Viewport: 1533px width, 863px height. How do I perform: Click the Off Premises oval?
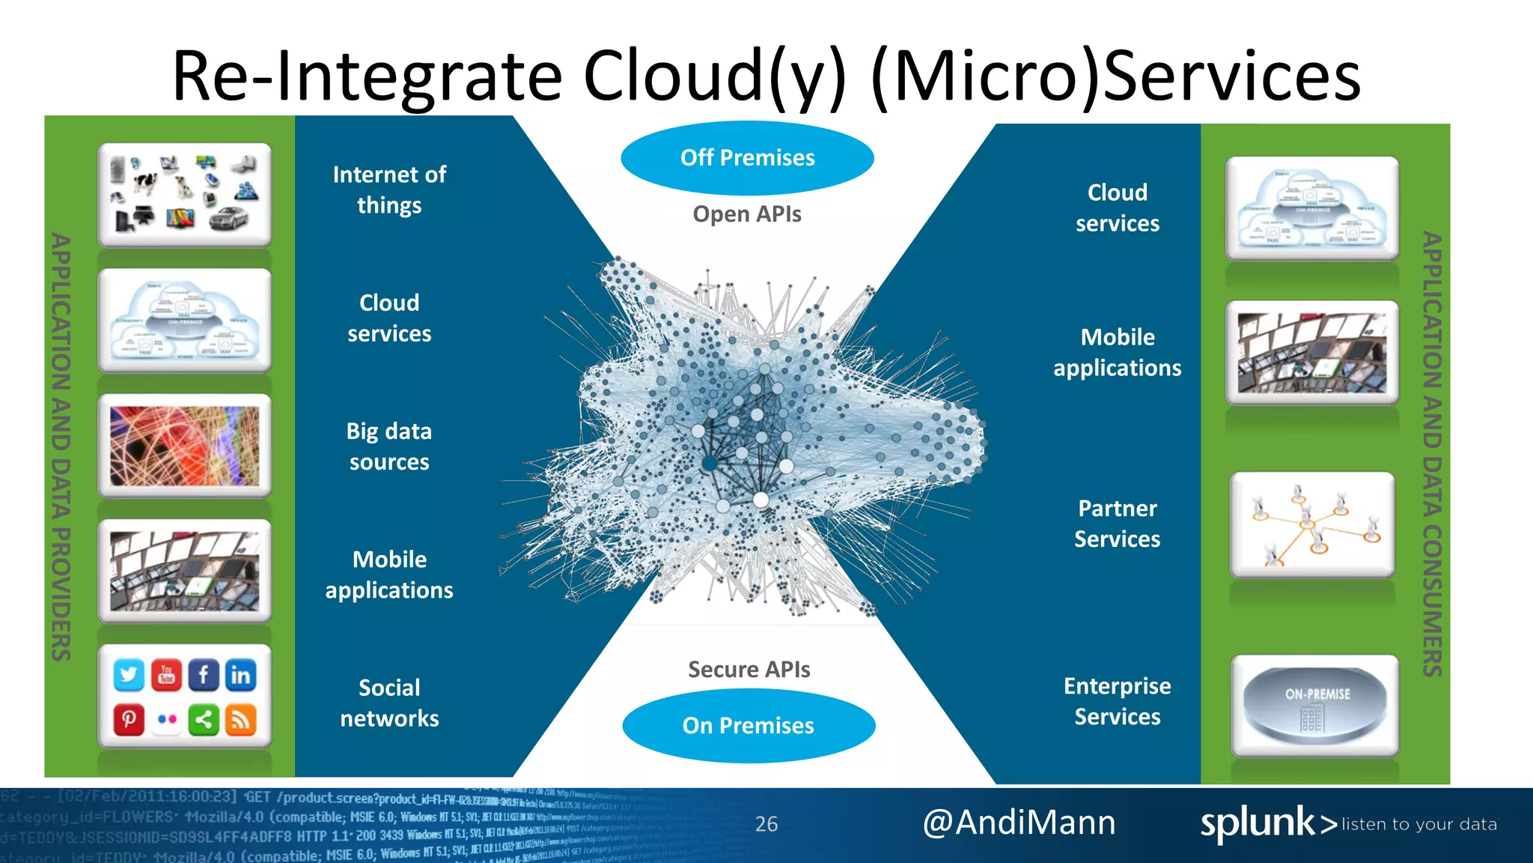747,157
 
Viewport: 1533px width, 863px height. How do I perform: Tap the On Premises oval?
748,725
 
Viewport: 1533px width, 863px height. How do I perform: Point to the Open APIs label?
746,214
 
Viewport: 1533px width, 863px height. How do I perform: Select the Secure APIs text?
749,669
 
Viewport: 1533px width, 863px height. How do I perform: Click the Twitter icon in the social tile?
129,675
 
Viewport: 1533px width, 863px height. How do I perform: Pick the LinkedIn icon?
240,675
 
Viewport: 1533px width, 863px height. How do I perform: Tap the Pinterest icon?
129,720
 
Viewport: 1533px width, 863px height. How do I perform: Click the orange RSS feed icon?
240,720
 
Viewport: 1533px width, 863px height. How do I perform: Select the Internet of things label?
389,190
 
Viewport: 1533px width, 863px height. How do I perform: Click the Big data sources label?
389,446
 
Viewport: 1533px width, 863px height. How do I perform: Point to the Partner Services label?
1117,524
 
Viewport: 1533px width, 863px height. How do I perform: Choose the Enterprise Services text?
1117,701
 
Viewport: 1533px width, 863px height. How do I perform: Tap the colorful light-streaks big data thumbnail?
184,446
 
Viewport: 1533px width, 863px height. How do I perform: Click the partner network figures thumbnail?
1312,524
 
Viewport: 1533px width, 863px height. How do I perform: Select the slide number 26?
766,824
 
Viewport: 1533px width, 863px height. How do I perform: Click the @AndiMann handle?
1019,823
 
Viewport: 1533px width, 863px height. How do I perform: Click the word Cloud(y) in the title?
715,76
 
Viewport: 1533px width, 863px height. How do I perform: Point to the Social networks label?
389,703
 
